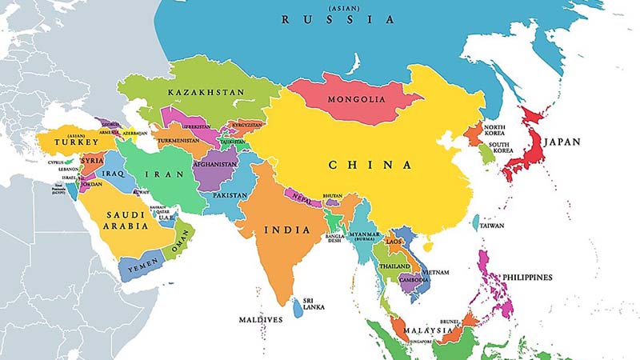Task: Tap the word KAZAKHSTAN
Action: click(x=206, y=93)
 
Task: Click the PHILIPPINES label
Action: click(x=526, y=278)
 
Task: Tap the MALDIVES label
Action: click(x=261, y=319)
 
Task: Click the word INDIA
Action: click(x=286, y=230)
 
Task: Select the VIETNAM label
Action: click(x=435, y=273)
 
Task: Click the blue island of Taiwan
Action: click(x=475, y=222)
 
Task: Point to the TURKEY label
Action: click(x=77, y=142)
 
